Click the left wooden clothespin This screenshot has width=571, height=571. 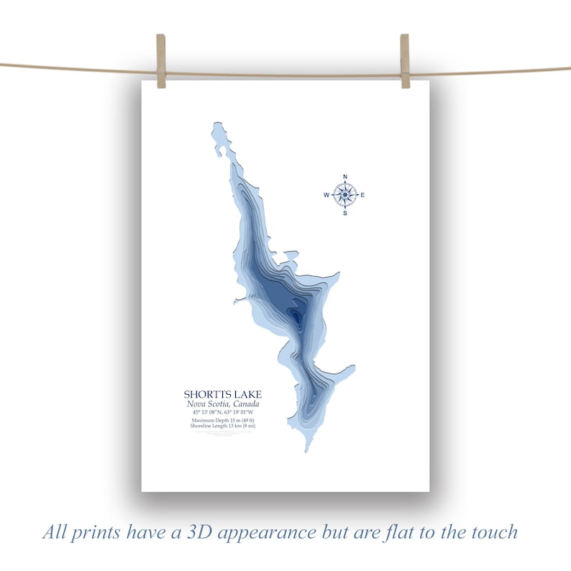161,61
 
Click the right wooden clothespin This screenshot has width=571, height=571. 405,61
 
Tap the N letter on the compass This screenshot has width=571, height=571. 345,176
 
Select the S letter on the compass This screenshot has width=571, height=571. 345,213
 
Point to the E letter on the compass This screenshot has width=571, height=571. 363,195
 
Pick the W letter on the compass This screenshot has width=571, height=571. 326,195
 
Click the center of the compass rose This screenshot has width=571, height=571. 345,194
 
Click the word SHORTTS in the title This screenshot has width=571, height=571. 209,394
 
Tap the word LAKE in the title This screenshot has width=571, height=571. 248,394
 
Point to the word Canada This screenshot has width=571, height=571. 245,403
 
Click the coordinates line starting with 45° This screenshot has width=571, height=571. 223,412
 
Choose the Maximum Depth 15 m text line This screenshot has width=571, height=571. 223,420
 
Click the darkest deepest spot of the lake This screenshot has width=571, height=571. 295,316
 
